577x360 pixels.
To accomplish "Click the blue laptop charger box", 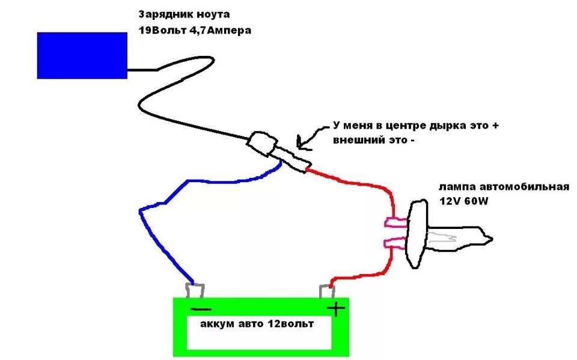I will [x=82, y=55].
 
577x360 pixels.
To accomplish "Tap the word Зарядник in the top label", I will [x=162, y=14].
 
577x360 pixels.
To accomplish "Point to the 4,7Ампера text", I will [x=220, y=30].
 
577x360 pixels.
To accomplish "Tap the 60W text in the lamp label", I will [x=475, y=201].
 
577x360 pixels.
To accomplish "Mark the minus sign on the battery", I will [x=201, y=309].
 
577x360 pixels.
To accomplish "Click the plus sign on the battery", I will [x=336, y=309].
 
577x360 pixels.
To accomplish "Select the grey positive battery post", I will [x=328, y=291].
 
